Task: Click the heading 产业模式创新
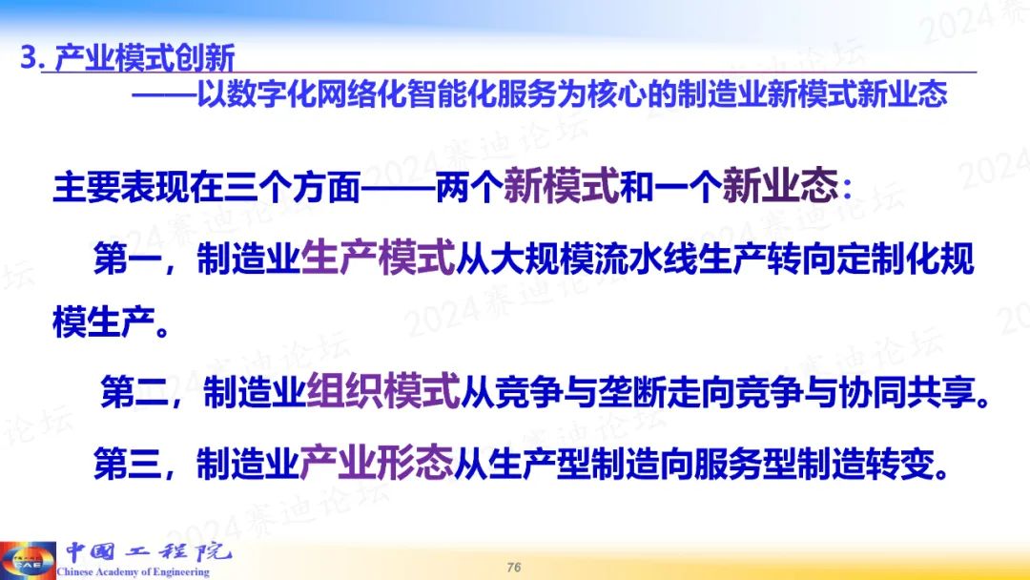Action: [x=145, y=58]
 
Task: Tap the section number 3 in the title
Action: [x=29, y=58]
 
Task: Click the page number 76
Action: [x=514, y=567]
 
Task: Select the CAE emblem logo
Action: [x=28, y=560]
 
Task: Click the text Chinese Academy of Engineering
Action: [x=134, y=572]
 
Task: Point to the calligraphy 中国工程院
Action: [x=148, y=551]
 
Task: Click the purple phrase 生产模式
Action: [x=378, y=259]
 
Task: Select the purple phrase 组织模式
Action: [x=383, y=391]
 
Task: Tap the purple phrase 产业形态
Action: [x=377, y=463]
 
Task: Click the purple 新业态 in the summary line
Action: [x=780, y=186]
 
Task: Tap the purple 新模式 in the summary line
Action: [x=562, y=186]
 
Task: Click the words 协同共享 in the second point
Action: [x=907, y=392]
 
